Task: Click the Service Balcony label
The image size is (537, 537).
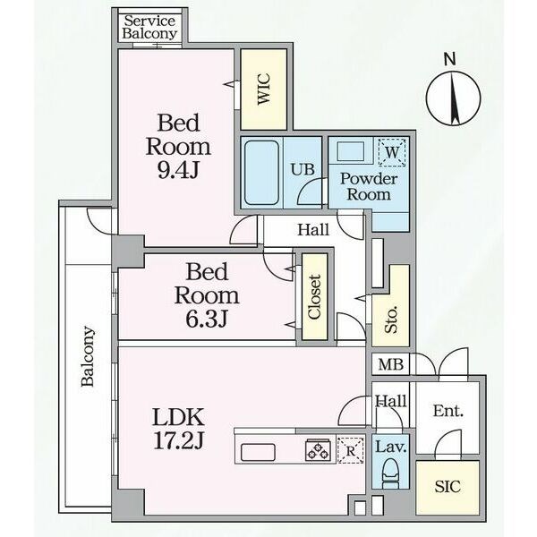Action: pos(149,28)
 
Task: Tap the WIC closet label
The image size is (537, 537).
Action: pos(264,89)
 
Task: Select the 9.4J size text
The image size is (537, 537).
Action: pos(178,169)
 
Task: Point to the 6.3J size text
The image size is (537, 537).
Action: pos(207,319)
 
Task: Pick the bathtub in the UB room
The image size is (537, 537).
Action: pos(262,173)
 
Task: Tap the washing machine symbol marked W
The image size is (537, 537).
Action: pos(392,152)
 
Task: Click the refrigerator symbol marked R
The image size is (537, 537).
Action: pos(350,450)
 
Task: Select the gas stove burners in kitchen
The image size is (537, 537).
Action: pos(318,449)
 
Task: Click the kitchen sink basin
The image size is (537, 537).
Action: pos(258,452)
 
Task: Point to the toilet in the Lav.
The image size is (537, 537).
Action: pos(390,473)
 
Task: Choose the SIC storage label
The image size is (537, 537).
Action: pos(447,486)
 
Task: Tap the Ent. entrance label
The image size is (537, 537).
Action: pos(448,411)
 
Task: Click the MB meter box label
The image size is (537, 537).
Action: pos(391,365)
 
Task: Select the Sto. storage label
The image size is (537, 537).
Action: pos(391,320)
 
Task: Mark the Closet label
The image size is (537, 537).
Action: pos(314,297)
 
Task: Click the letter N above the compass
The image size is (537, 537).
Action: pos(449,59)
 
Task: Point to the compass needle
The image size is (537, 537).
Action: pos(455,98)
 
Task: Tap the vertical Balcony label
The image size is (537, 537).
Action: pos(88,356)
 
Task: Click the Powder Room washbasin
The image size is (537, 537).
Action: pos(351,151)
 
